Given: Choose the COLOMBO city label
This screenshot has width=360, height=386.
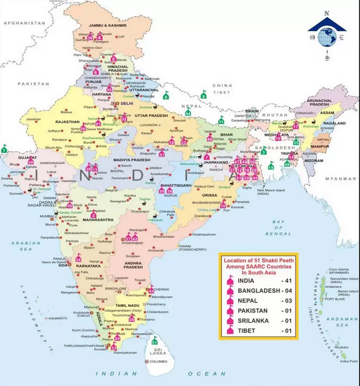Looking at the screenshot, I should pyautogui.click(x=159, y=361).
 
